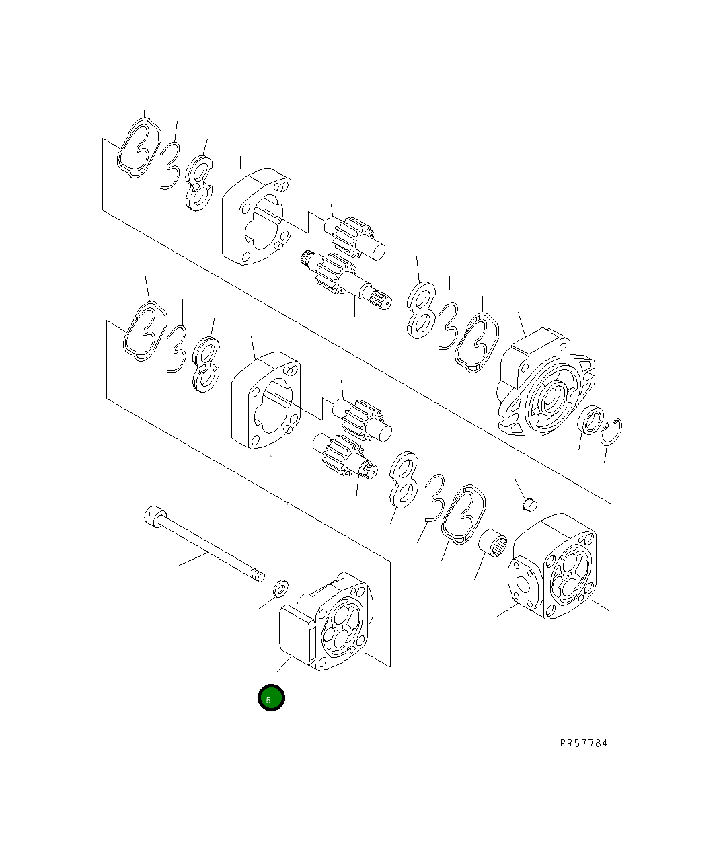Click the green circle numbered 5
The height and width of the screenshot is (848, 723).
pyautogui.click(x=271, y=698)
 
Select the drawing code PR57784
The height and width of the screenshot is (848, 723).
pyautogui.click(x=583, y=743)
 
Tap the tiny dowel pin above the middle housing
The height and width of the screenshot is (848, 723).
pyautogui.click(x=530, y=501)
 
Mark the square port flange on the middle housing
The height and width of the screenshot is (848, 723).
pyautogui.click(x=524, y=580)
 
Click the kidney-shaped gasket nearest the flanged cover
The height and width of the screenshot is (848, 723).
pyautogui.click(x=478, y=342)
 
